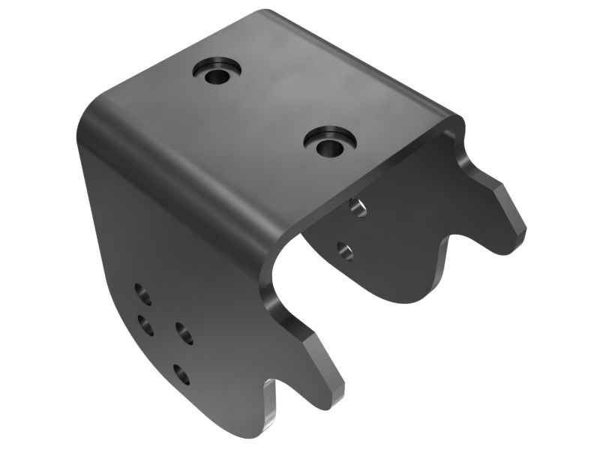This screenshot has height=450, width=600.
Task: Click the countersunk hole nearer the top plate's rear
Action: [x=217, y=74]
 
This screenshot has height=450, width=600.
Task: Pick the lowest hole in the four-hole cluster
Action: [x=181, y=373]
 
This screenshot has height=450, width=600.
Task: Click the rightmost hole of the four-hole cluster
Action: [x=184, y=332]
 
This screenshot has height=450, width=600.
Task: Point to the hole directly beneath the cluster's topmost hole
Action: [x=146, y=324]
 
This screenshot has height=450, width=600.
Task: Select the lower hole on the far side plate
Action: [x=346, y=249]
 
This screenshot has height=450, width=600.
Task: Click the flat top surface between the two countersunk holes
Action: [x=274, y=109]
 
